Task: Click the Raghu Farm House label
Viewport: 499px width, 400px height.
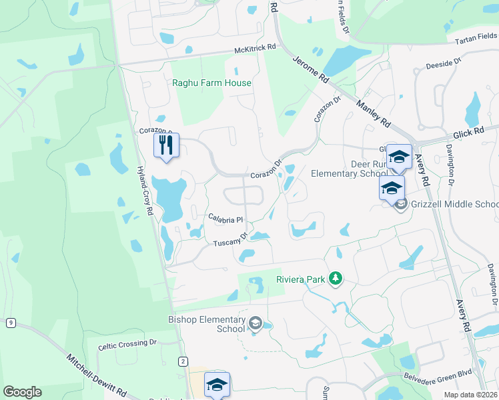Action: (211, 83)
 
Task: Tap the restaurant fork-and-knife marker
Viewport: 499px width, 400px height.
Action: (167, 145)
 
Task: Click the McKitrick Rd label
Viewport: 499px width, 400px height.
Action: (255, 49)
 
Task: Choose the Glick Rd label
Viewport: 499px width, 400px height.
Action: (471, 133)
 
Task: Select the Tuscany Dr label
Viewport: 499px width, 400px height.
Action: (230, 239)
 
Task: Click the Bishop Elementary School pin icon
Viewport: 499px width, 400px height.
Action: (255, 324)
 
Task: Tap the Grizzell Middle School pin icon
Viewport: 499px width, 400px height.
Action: (400, 204)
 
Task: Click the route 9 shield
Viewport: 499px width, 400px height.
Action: (11, 323)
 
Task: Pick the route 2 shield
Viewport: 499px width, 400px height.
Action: (183, 361)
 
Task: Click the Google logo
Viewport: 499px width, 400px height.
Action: (22, 392)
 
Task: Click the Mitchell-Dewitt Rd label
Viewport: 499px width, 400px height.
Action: (97, 377)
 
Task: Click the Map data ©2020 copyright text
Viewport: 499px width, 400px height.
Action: (470, 395)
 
